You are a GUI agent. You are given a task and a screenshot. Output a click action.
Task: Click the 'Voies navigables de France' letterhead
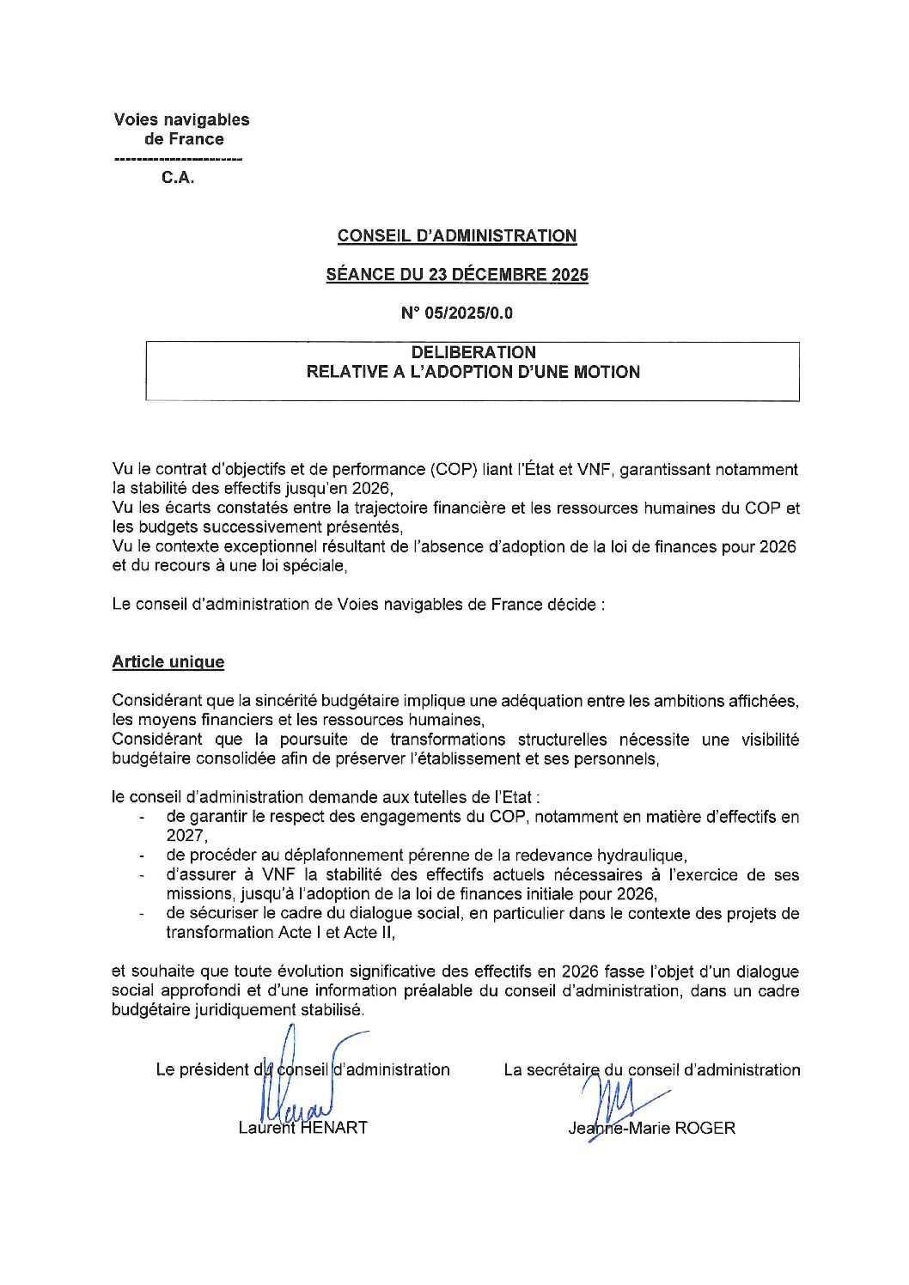[181, 129]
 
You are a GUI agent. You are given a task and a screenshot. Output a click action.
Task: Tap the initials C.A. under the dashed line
[179, 180]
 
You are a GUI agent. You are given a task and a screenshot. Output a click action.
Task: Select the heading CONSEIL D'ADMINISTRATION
[456, 235]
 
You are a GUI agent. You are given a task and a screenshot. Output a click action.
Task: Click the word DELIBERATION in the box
[473, 352]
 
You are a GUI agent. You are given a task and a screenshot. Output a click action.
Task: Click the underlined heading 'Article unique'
[168, 662]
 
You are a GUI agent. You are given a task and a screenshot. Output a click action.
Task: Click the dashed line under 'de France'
[178, 161]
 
